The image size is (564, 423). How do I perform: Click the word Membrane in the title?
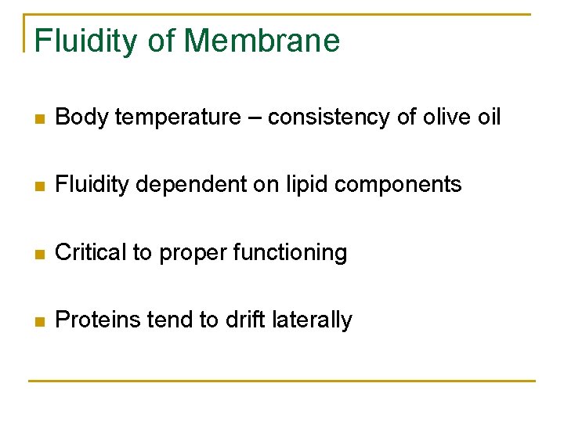(x=262, y=41)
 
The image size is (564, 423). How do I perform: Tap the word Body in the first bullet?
(x=81, y=117)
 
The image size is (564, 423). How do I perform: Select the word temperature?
(x=187, y=117)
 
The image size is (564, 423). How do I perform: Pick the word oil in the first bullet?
(x=490, y=117)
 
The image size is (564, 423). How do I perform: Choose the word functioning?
(x=291, y=252)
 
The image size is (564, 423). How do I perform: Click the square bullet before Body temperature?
(x=40, y=119)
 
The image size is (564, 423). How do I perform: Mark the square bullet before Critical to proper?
(x=40, y=254)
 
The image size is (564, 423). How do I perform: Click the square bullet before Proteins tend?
(x=40, y=321)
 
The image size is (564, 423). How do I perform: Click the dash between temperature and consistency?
(x=255, y=118)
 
